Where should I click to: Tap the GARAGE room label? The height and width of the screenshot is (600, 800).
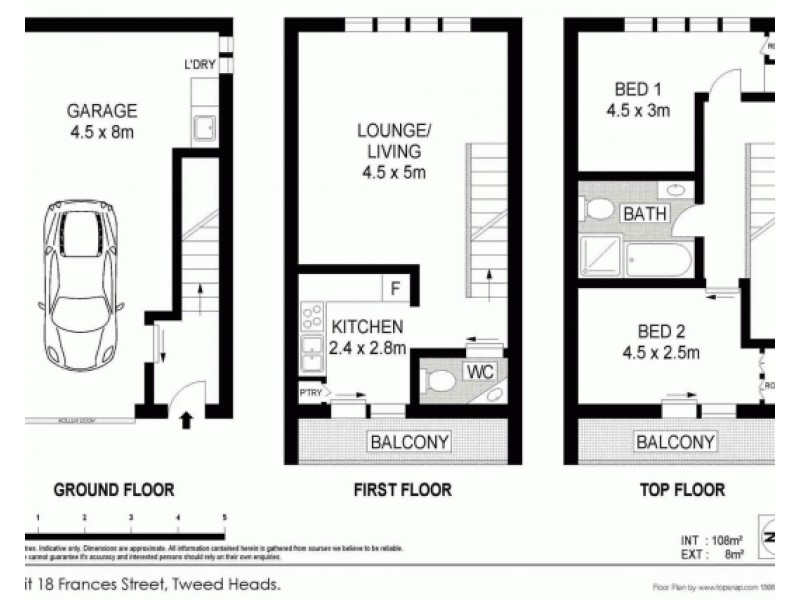point(102,110)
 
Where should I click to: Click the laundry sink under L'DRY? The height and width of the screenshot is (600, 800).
point(203,129)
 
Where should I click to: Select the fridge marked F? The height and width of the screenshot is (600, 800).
point(395,289)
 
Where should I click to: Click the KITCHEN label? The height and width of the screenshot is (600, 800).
point(367,327)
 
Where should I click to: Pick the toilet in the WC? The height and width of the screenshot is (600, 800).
point(438,381)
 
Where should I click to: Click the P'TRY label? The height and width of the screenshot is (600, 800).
point(310,393)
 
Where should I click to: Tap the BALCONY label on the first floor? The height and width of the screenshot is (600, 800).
point(408,441)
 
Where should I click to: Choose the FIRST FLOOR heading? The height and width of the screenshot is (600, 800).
point(401,490)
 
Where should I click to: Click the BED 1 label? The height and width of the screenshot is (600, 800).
point(637,89)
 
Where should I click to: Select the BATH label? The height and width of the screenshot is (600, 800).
point(645,213)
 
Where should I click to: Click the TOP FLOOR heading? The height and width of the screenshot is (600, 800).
point(681,490)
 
